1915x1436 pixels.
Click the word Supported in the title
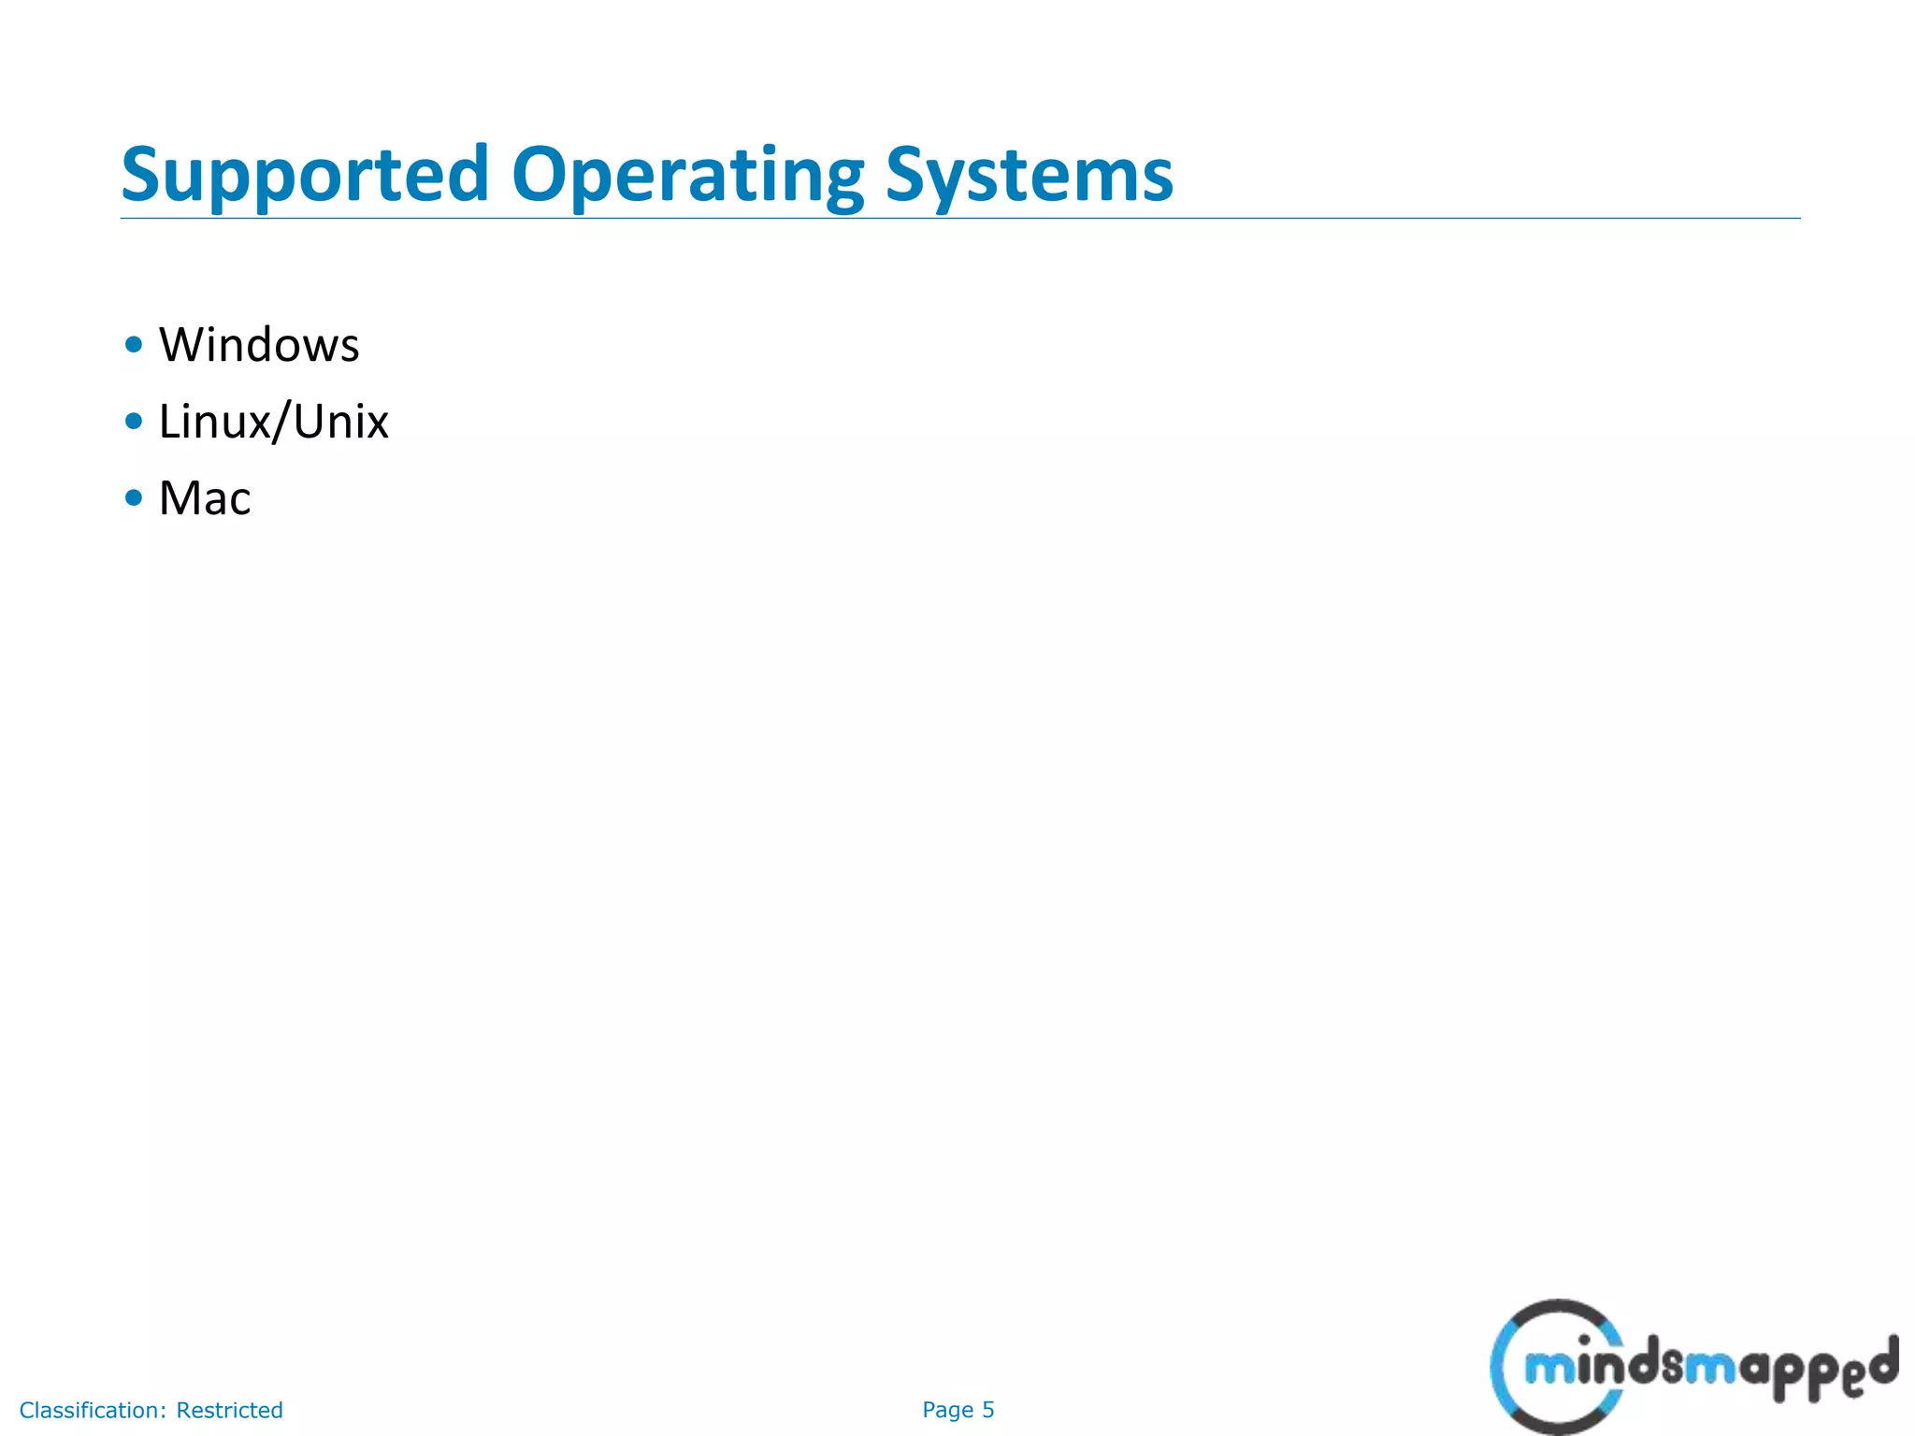[x=305, y=175]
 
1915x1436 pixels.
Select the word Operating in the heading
[x=687, y=175]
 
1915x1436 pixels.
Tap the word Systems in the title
[x=1029, y=175]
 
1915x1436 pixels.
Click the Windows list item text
[x=259, y=345]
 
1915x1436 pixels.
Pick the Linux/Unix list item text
[x=273, y=422]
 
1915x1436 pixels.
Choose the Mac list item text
[x=205, y=498]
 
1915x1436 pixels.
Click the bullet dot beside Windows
[x=134, y=345]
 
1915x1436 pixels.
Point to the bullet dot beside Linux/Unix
[x=134, y=422]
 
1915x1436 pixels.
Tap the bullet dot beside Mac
[x=134, y=498]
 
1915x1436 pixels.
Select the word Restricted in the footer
[x=229, y=1410]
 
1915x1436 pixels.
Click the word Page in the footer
[x=947, y=1410]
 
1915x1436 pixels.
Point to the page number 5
[x=988, y=1410]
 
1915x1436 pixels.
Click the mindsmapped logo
[x=1692, y=1368]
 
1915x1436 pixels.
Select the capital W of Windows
[x=182, y=345]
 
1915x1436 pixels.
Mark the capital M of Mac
[x=179, y=498]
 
